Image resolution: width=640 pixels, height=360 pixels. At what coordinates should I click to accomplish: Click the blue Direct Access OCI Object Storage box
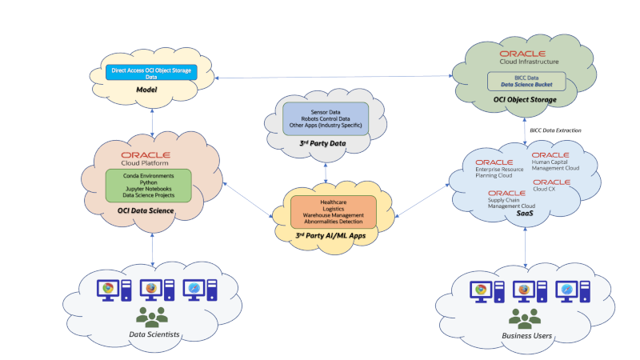151,73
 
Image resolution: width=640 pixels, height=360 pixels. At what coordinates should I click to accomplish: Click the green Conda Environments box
149,184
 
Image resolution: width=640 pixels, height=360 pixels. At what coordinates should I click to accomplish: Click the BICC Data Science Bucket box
527,81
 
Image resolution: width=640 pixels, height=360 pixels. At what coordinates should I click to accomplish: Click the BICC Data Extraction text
556,130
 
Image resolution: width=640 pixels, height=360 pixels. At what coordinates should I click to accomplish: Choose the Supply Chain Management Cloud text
512,203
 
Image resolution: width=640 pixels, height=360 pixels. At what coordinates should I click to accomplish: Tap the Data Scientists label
152,334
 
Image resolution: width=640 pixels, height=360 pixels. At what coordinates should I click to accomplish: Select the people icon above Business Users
525,318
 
